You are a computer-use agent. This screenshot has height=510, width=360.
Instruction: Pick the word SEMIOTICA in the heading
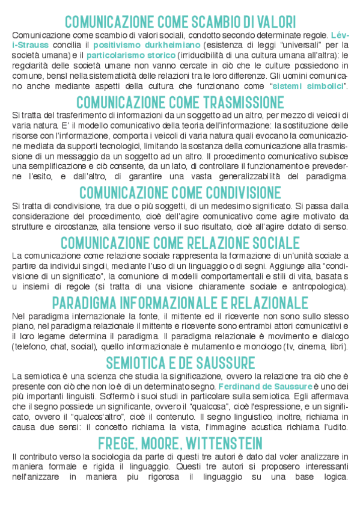[137, 363]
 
